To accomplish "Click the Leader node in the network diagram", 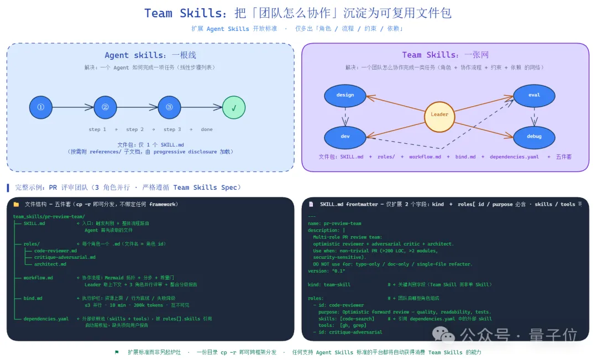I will pos(439,114).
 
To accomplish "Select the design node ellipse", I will pos(345,95).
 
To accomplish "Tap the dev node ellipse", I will pos(345,136).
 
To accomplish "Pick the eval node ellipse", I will pos(534,95).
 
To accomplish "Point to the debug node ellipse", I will pos(534,136).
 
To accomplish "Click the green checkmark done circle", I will pos(234,107).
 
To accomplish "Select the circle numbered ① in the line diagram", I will pos(40,107).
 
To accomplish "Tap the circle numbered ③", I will pos(169,107).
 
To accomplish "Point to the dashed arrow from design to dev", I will pos(345,116).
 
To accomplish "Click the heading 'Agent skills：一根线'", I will pos(150,55).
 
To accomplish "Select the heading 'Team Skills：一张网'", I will pos(445,55).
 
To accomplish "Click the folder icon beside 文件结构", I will pos(16,204).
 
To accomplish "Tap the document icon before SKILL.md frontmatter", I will pos(311,204).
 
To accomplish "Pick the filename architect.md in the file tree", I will pos(50,264).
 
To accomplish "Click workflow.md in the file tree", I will pos(39,278).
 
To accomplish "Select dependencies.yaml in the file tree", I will pos(46,319).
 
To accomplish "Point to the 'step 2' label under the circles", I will pos(135,129).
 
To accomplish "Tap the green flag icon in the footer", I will pos(117,352).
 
